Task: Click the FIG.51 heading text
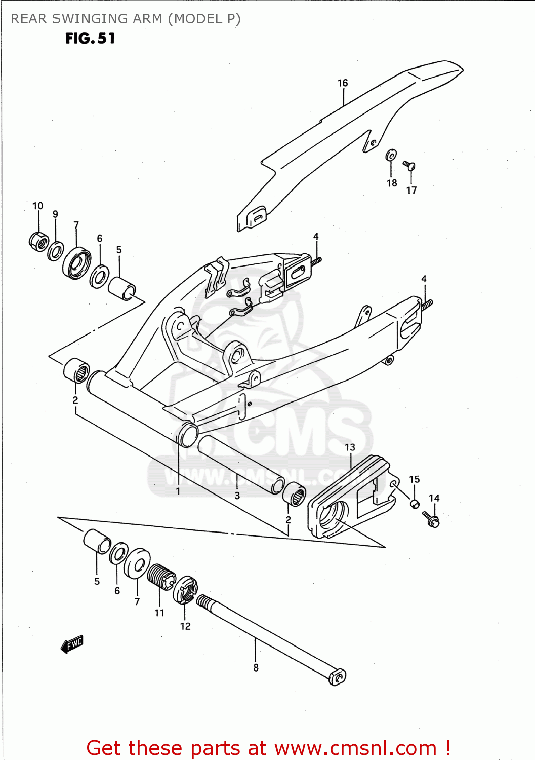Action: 90,39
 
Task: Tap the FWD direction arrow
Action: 72,644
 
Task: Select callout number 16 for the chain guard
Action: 343,83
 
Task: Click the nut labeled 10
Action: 38,241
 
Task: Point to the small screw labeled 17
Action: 409,165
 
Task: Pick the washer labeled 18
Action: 391,155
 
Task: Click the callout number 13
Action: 350,447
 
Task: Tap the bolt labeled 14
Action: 431,519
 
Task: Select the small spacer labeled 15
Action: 414,504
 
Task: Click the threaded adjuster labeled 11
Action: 161,577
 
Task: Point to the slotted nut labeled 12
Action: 185,590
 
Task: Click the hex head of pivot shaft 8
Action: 337,677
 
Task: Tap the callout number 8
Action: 256,668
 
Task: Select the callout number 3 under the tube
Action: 237,496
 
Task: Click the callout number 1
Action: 178,491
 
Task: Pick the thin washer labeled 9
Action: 56,251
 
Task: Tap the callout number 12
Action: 185,626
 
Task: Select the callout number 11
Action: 159,613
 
